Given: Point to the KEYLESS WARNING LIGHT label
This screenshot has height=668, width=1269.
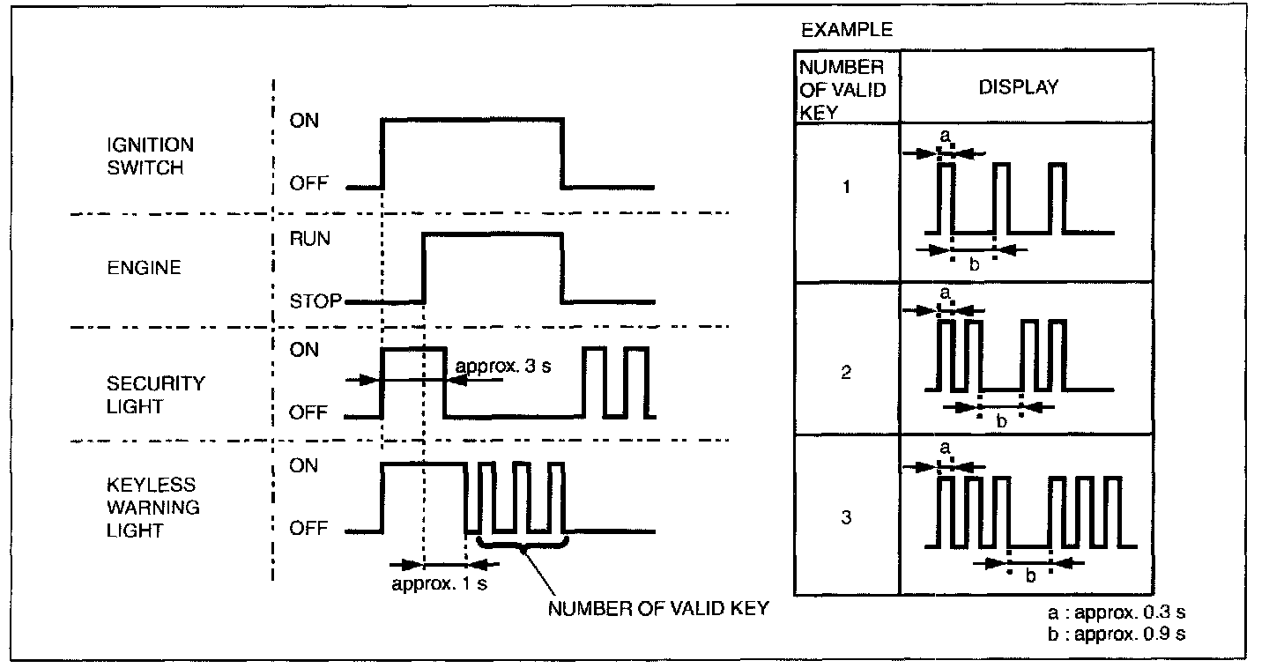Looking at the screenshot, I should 152,508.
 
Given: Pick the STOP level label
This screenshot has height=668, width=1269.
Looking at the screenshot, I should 315,301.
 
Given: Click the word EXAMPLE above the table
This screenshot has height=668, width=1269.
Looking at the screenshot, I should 846,31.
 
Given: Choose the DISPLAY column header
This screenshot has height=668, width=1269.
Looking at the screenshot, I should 1019,87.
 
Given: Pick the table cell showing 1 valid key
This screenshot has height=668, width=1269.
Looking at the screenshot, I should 846,188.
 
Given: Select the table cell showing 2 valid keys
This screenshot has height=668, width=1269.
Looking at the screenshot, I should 846,373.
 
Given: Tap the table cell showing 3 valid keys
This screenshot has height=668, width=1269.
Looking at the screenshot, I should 846,517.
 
